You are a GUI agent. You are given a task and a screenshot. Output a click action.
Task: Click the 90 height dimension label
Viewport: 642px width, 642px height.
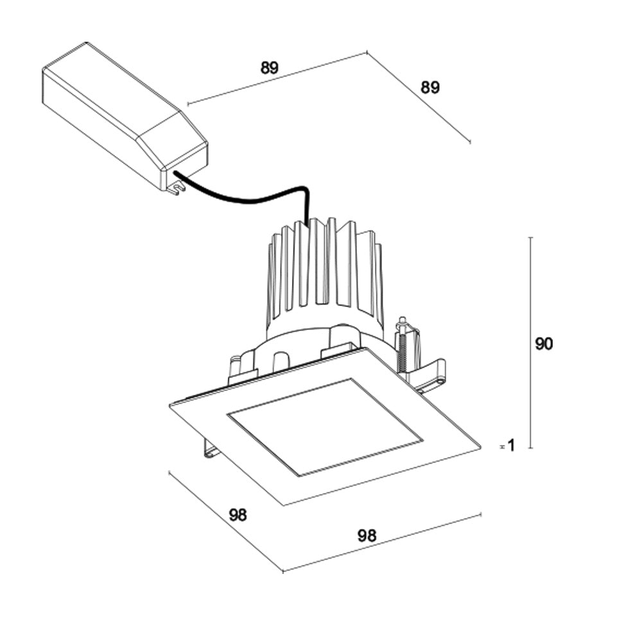click(x=543, y=343)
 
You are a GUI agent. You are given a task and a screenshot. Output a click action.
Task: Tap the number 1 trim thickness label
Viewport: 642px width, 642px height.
click(x=511, y=444)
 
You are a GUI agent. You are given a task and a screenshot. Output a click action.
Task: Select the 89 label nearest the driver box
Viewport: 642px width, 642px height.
click(x=270, y=68)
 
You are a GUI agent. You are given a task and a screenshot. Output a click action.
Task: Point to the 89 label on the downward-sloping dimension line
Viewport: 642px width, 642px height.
click(x=430, y=88)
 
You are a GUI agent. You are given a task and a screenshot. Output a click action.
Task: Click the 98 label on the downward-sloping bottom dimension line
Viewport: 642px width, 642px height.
click(x=238, y=515)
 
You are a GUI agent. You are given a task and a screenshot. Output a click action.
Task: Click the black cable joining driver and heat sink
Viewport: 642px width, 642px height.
click(x=257, y=196)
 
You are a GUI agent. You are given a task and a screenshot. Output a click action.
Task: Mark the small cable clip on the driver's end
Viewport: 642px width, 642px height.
click(x=175, y=187)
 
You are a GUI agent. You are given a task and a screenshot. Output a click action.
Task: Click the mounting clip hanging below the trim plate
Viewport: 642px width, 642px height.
click(x=211, y=447)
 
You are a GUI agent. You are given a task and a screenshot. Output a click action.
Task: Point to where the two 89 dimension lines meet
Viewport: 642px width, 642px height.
click(x=367, y=52)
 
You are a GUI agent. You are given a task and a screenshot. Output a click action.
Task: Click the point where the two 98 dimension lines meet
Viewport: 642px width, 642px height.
click(x=282, y=571)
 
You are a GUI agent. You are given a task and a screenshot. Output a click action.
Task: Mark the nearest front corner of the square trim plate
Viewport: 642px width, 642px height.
click(x=283, y=505)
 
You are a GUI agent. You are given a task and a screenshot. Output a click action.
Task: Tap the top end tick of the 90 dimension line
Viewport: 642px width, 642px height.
click(x=530, y=238)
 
